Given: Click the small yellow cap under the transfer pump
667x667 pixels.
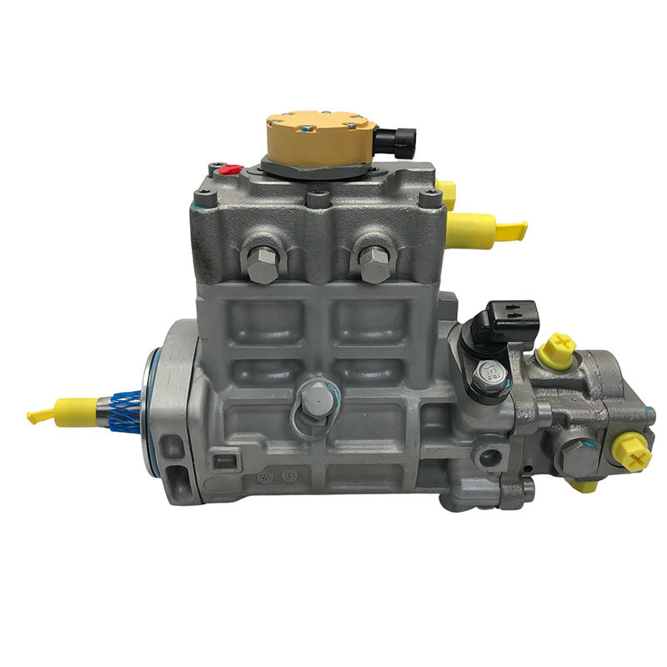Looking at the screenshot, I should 583,486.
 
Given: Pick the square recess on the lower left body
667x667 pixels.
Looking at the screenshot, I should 221,458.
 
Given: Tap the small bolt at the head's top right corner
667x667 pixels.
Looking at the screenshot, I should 430,198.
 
